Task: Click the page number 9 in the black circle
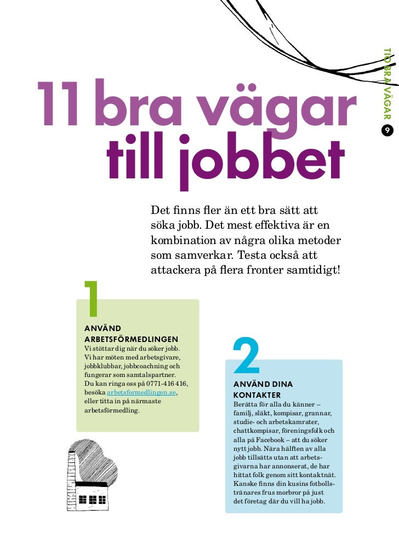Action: (x=387, y=130)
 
